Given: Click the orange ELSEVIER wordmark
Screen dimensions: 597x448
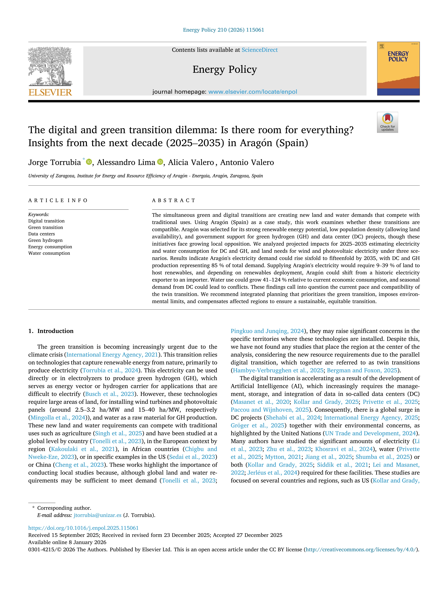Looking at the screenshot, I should (50, 93).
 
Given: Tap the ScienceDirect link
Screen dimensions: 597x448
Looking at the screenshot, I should (260, 50).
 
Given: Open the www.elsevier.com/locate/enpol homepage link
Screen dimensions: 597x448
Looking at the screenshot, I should (253, 92).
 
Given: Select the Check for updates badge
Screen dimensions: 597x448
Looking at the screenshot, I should (387, 122).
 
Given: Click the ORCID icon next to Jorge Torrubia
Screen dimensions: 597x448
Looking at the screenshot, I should (89, 162).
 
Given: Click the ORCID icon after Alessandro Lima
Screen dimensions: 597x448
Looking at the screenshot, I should (160, 162).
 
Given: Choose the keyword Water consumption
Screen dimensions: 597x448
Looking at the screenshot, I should (49, 253).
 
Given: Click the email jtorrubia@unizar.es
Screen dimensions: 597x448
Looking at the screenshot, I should (98, 515).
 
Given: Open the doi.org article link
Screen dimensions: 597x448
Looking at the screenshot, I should (83, 528).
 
